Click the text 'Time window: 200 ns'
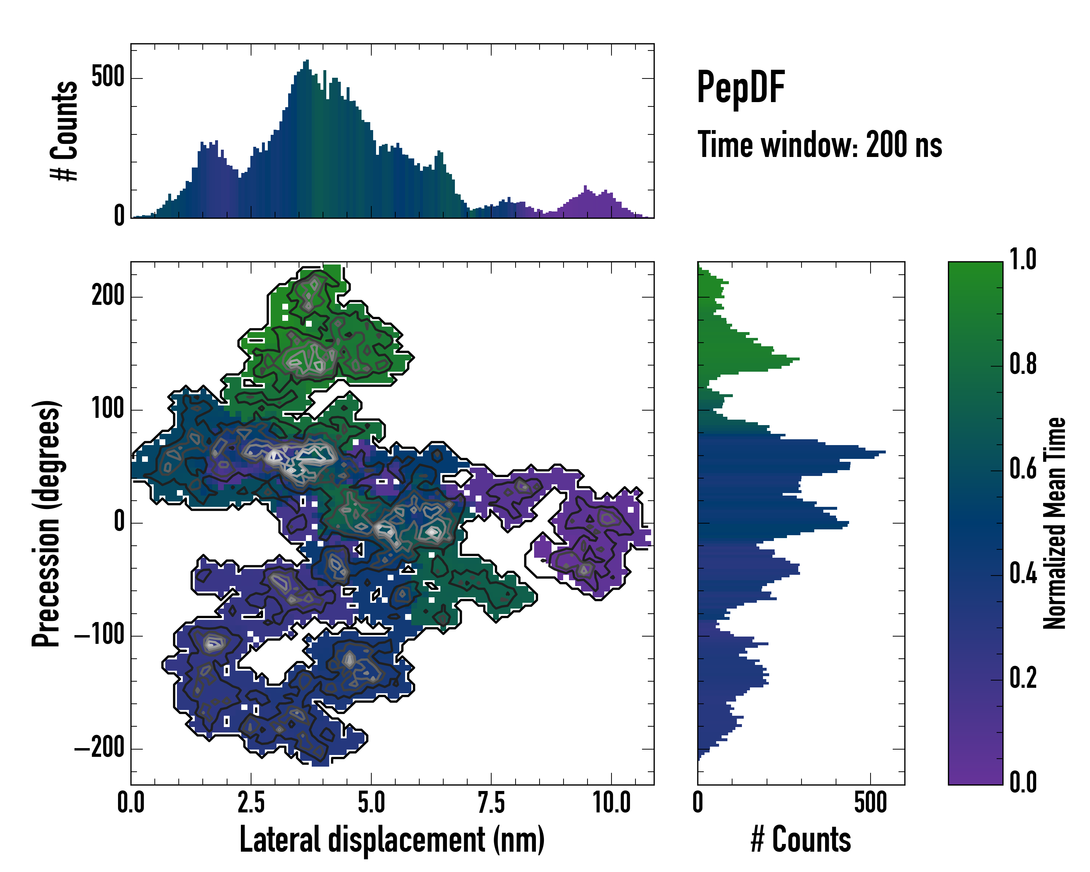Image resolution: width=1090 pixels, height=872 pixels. click(x=820, y=145)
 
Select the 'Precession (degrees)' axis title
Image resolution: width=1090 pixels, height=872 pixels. click(x=47, y=523)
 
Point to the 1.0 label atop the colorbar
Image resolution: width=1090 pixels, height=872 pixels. click(x=1023, y=259)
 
